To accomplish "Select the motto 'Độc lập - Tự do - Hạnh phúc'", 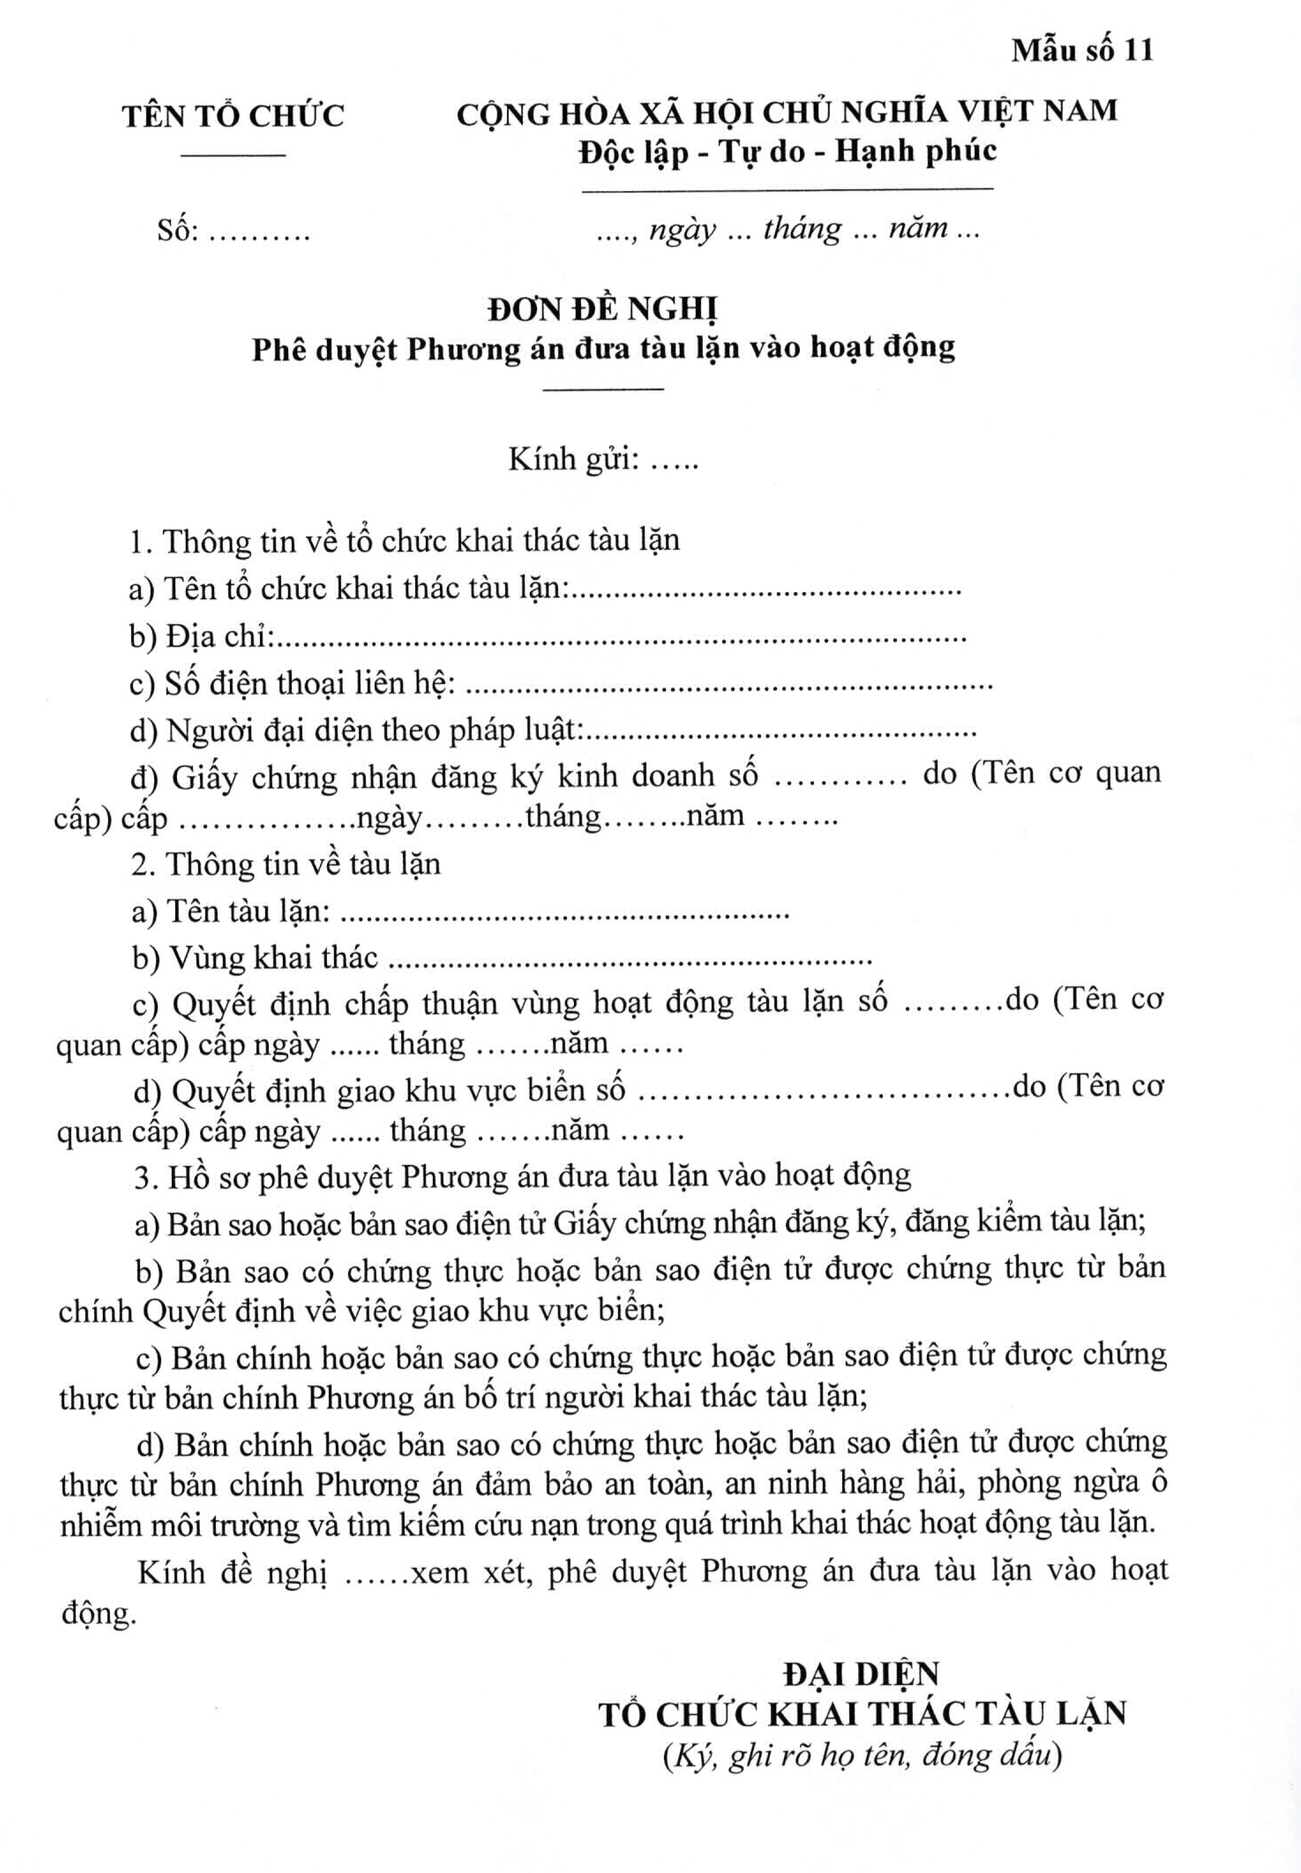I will click(x=788, y=152).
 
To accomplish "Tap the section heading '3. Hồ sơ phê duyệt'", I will click(x=522, y=1176).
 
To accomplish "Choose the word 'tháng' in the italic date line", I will click(x=801, y=230).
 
